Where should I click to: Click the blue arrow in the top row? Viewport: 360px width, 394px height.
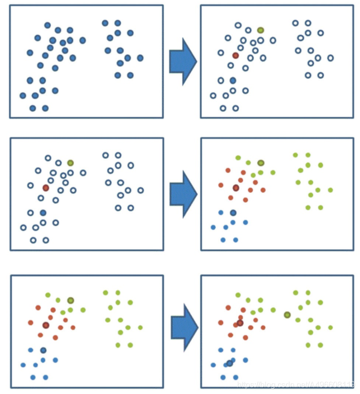coord(182,61)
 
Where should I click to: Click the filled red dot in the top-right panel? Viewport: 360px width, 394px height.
coord(236,55)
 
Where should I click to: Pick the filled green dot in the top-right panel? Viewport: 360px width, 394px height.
coord(261,30)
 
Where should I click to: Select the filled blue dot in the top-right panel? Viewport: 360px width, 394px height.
coord(233,80)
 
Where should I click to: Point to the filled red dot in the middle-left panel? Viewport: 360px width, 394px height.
coord(46,188)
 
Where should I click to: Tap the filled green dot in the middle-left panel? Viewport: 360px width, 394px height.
coord(70,163)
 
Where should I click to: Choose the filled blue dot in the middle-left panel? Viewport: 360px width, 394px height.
coord(43,213)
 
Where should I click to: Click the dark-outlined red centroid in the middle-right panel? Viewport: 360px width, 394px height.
coord(236,188)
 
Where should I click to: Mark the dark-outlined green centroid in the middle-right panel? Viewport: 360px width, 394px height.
coord(261,163)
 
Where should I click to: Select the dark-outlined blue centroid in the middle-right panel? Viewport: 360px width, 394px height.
coord(233,213)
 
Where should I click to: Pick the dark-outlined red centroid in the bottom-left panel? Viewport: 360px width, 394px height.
coord(46,325)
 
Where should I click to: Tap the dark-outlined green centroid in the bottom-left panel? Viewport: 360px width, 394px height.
coord(70,300)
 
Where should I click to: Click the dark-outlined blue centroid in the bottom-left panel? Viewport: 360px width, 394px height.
coord(43,350)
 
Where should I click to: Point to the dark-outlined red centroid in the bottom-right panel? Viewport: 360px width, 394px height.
coord(240,323)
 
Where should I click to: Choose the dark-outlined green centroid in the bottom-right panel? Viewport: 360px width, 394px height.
coord(287,315)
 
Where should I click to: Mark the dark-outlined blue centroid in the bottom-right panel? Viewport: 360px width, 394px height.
coord(230,363)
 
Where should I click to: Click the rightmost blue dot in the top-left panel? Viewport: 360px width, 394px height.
coord(140,58)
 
